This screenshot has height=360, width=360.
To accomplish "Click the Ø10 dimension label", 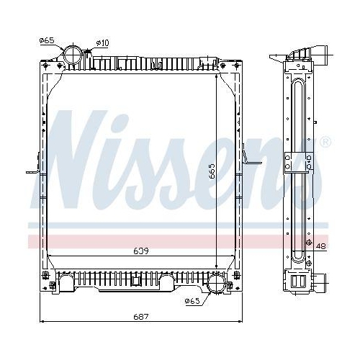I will point(102,44).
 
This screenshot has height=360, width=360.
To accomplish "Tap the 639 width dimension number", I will point(141,251).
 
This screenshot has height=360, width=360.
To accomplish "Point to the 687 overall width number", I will point(141,317).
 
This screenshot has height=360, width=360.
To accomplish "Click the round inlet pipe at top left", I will point(74,55).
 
